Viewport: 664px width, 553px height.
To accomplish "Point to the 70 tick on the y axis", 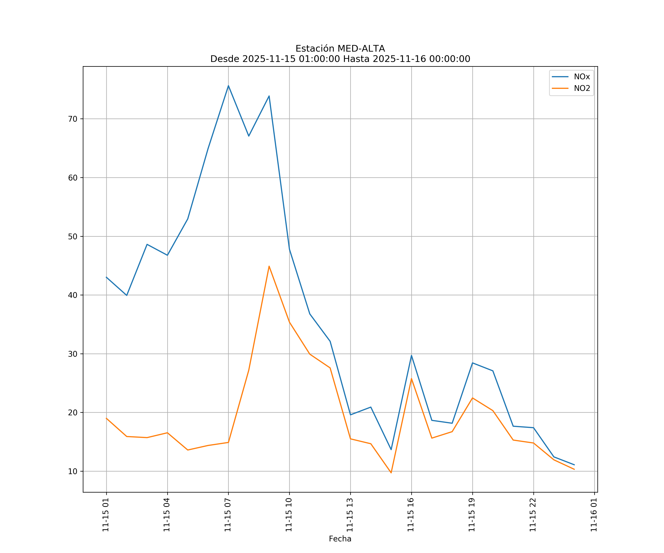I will [73, 119].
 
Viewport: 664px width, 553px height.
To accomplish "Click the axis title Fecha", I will [340, 539].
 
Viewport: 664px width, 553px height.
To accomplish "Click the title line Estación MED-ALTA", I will [340, 49].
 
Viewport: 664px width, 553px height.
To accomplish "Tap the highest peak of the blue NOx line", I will [228, 86].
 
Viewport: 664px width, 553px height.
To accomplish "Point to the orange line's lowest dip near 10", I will [391, 473].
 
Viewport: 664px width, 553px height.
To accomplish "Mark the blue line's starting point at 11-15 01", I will [106, 277].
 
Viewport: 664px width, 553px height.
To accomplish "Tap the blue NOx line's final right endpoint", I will [574, 465].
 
